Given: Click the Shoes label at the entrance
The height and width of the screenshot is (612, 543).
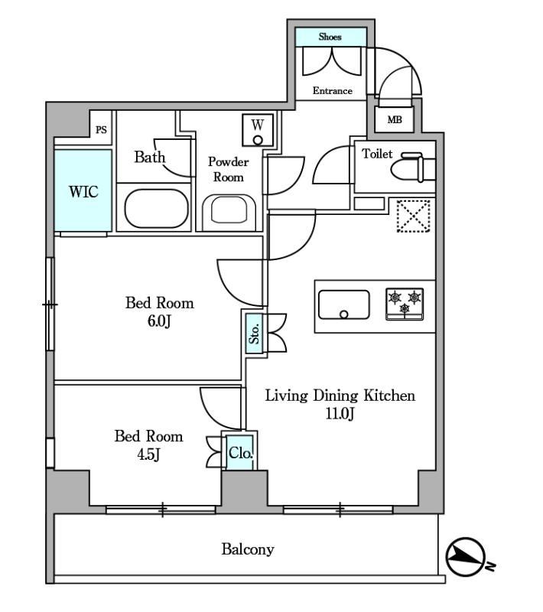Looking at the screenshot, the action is pos(330,37).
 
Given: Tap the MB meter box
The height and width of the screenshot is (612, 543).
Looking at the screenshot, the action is pos(395,119).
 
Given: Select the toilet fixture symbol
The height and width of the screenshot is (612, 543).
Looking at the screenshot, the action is pos(413,168).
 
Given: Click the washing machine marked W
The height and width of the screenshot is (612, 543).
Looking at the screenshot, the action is pos(258,130).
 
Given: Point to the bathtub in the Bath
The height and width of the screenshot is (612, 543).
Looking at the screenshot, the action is pos(157,209).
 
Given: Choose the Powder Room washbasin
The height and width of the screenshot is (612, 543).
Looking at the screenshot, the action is pos(229,212).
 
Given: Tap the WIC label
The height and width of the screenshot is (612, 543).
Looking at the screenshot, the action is pos(83,192).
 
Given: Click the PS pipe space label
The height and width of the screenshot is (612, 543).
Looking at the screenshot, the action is pos(101,129).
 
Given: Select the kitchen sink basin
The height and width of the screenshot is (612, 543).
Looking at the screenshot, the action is pos(343,304).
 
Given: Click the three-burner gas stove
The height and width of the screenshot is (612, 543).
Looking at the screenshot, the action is pos(405,304).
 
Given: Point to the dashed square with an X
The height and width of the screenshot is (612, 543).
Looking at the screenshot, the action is pos(414,216).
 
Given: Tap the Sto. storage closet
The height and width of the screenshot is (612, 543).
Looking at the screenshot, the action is pos(255,334).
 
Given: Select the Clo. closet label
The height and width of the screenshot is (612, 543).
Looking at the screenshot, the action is pos(241,453).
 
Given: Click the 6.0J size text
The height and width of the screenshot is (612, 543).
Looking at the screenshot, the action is pos(159,321).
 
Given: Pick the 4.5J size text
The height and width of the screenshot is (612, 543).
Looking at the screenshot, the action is pos(148,454).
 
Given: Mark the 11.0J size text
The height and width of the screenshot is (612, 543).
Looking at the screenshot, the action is pos(340,413).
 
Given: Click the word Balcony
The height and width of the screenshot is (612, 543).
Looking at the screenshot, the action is pos(248,549).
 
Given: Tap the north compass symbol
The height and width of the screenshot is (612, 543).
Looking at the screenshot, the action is pos(466,557).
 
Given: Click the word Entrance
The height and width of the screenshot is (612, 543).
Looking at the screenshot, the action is pos(333,90).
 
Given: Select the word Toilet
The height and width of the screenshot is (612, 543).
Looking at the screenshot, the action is pos(377,154).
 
